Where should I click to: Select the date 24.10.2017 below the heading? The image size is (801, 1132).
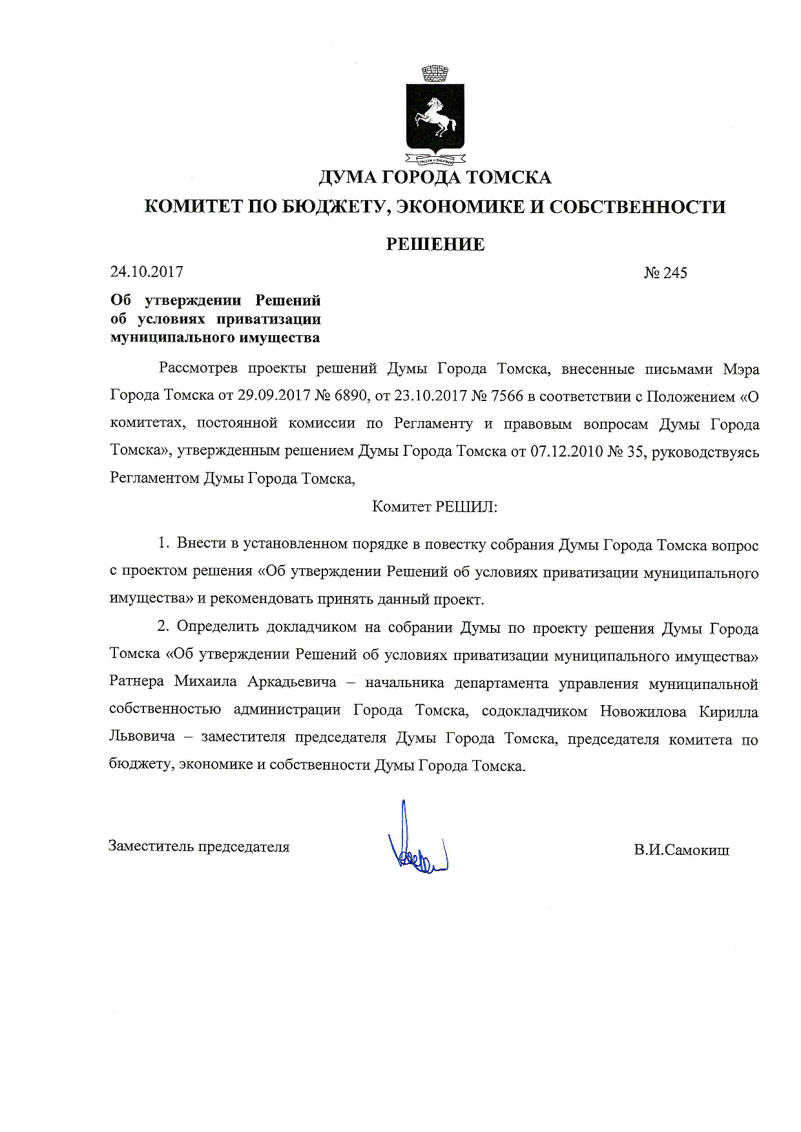147,272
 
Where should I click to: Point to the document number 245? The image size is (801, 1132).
675,273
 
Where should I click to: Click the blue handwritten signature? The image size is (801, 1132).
417,842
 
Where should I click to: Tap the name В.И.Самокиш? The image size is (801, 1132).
681,850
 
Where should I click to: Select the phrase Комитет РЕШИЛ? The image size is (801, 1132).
435,507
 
